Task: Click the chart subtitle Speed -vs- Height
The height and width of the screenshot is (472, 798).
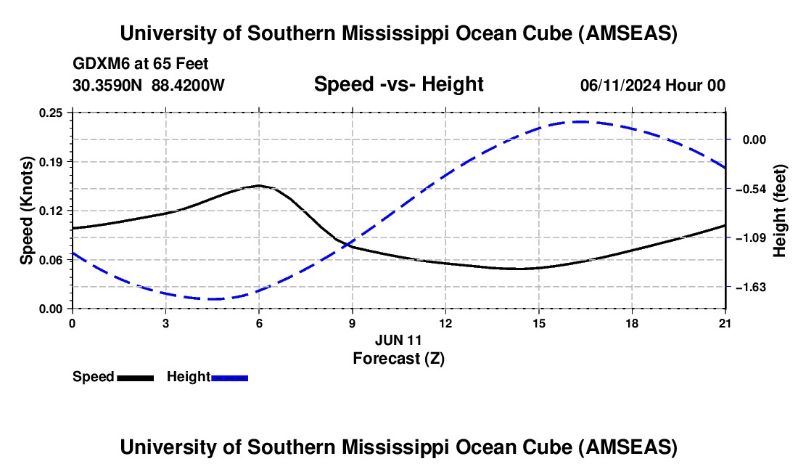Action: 398,85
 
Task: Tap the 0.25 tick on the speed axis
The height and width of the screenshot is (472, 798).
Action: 52,113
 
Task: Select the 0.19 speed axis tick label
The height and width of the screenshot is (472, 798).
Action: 52,161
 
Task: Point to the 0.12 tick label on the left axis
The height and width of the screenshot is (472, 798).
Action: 52,211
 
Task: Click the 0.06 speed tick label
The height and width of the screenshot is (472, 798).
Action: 52,259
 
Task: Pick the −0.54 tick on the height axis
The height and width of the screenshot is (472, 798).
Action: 750,189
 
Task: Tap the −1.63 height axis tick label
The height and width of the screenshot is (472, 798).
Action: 750,287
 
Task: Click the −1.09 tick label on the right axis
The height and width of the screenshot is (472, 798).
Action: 750,237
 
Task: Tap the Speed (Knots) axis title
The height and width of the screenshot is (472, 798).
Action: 26,211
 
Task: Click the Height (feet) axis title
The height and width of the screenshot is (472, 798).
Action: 781,211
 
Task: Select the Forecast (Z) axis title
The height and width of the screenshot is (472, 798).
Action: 398,358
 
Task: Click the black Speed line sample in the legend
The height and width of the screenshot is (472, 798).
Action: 135,378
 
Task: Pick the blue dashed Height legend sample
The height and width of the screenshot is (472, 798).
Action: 229,378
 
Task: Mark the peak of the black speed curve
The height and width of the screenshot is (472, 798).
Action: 258,185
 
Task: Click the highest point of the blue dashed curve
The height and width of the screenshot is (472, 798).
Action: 580,121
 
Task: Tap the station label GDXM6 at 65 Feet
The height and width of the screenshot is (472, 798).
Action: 141,64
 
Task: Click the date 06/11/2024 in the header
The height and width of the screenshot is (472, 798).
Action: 621,86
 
